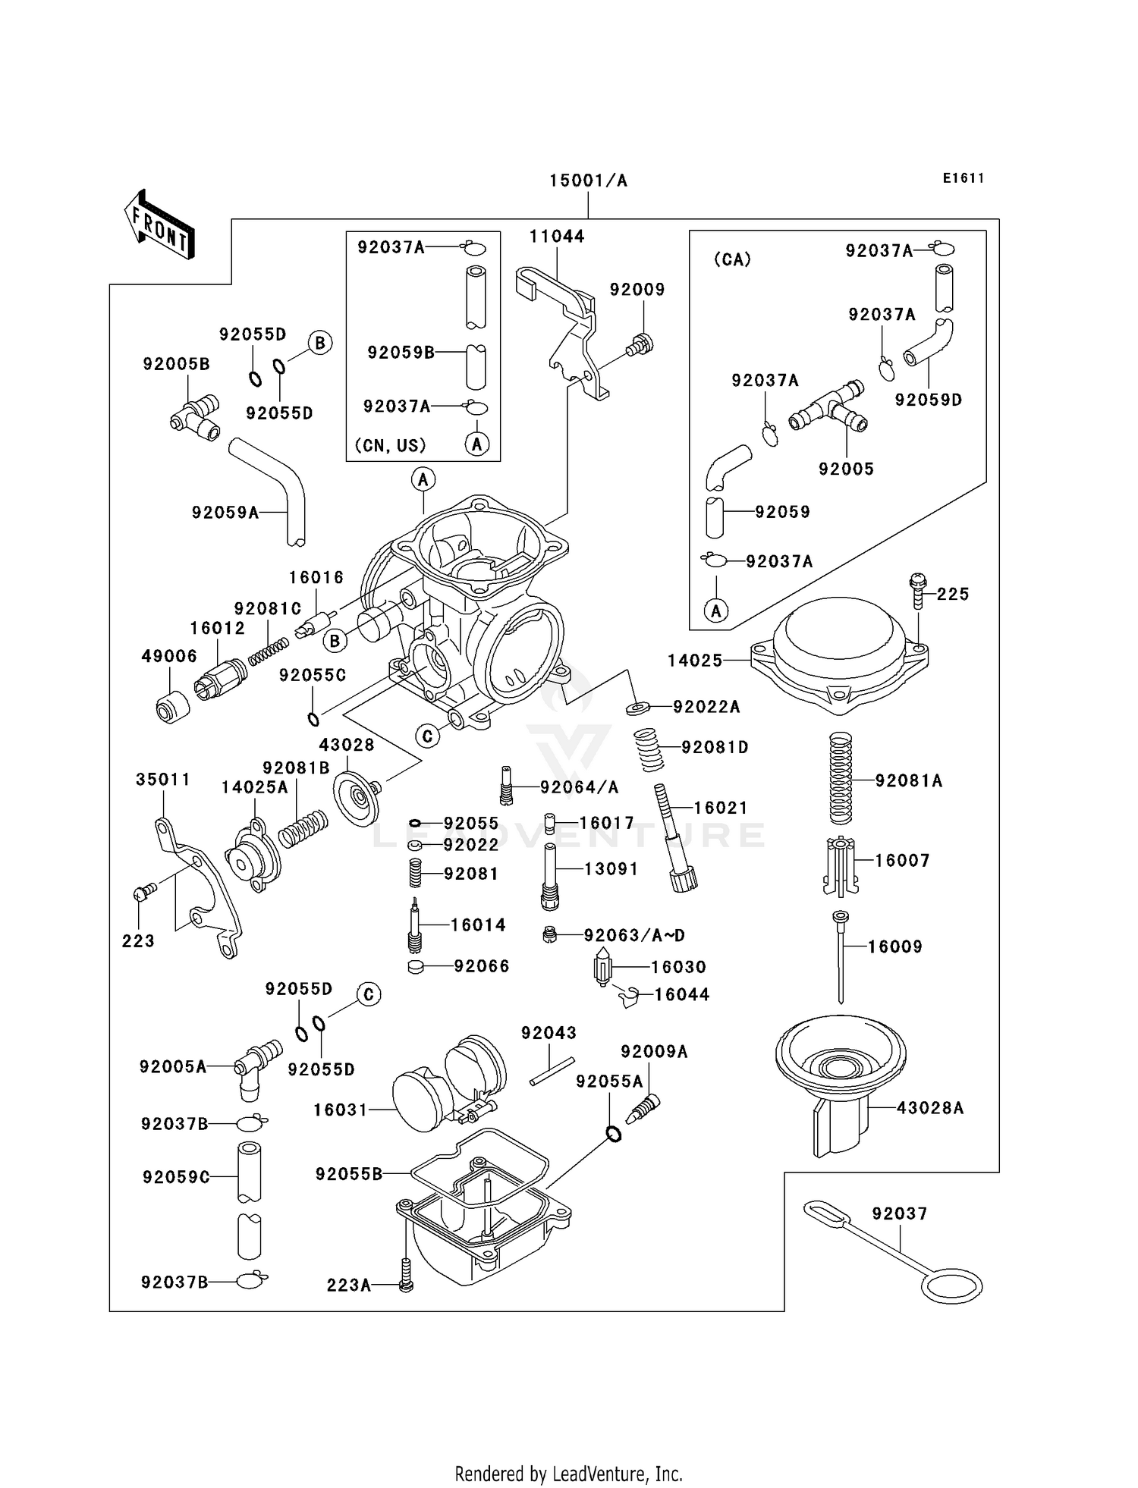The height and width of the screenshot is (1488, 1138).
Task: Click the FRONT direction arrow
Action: pyautogui.click(x=159, y=225)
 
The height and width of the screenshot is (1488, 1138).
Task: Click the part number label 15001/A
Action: pyautogui.click(x=588, y=181)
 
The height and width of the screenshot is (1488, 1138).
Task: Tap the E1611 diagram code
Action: pyautogui.click(x=964, y=178)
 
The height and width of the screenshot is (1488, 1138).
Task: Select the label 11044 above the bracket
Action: pyautogui.click(x=557, y=236)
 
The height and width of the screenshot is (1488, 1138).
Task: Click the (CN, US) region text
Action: pyautogui.click(x=390, y=445)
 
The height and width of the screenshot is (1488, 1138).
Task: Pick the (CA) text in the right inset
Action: pyautogui.click(x=732, y=259)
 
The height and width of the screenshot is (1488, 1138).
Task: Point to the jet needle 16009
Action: pyautogui.click(x=840, y=957)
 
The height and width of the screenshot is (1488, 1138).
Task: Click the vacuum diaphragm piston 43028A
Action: pyautogui.click(x=841, y=1077)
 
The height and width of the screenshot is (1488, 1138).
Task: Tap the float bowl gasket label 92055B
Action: pyautogui.click(x=349, y=1174)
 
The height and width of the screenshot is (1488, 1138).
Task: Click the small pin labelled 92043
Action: pyautogui.click(x=552, y=1071)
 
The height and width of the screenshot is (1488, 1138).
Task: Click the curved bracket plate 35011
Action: pyautogui.click(x=199, y=887)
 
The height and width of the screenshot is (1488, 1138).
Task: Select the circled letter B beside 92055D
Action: pyautogui.click(x=319, y=343)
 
